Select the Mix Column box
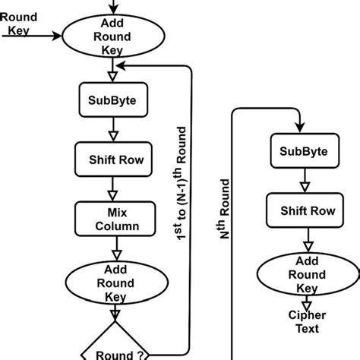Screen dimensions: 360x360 tap(112, 219)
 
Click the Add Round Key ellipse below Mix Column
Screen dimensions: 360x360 tap(112, 283)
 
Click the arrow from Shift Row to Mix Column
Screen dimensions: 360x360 tap(112, 188)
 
